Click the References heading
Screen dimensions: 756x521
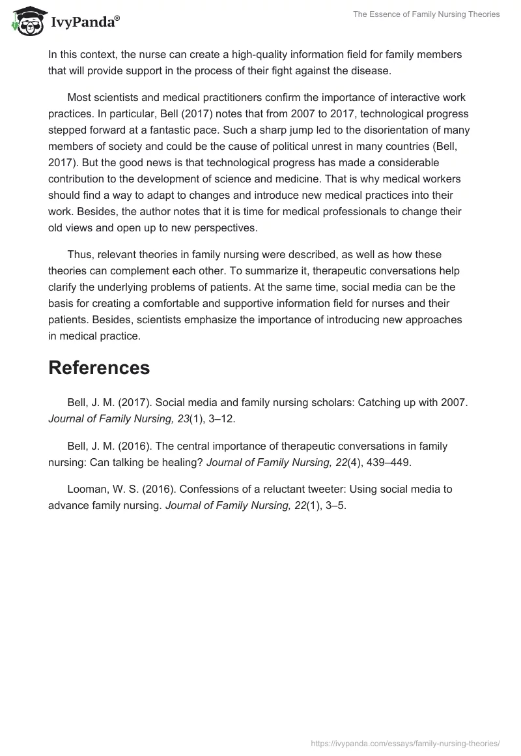(x=99, y=368)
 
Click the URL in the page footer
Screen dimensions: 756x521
(x=405, y=743)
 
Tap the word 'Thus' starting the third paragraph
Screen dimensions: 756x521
(x=79, y=255)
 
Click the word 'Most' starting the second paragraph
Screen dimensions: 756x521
(x=79, y=98)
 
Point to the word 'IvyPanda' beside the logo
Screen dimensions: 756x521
(x=84, y=23)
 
